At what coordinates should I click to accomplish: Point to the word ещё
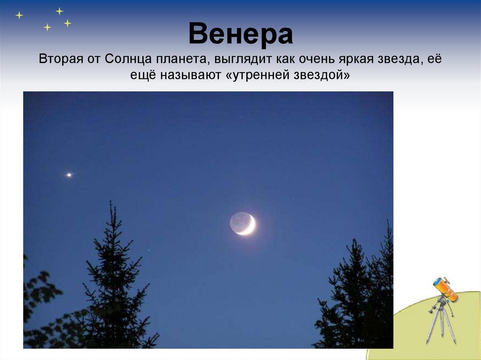pyautogui.click(x=143, y=75)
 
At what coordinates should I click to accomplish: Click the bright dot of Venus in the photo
pyautogui.click(x=69, y=175)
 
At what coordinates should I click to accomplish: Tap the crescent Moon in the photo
pyautogui.click(x=242, y=223)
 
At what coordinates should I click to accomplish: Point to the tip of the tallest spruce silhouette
pyautogui.click(x=110, y=201)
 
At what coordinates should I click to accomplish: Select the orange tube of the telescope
pyautogui.click(x=446, y=290)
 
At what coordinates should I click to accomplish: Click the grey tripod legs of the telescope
pyautogui.click(x=441, y=325)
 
